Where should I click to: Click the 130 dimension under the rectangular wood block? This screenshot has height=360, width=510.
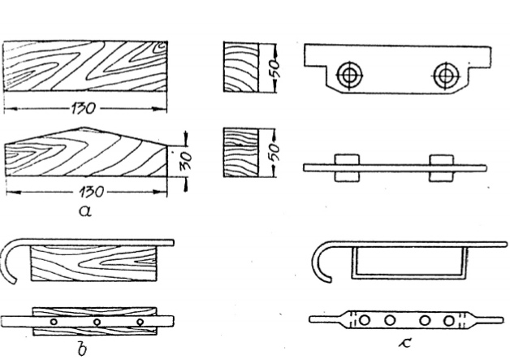[84, 108]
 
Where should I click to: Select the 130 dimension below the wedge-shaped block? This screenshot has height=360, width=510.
[92, 192]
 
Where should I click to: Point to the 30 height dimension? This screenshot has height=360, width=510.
[186, 160]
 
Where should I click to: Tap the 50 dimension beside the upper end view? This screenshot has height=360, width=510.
[274, 67]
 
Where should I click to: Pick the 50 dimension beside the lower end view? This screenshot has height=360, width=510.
[274, 152]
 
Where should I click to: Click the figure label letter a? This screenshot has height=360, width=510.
[85, 211]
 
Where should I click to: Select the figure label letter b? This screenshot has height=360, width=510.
[82, 349]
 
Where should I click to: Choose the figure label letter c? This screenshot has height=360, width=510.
[405, 343]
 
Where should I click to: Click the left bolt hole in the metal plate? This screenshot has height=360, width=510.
[349, 76]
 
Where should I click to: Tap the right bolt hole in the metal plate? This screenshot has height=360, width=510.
[445, 76]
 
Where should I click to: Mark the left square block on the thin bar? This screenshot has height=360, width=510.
[347, 168]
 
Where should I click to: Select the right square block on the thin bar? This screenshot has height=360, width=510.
[441, 168]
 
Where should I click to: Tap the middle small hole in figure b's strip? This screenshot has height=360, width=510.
[97, 323]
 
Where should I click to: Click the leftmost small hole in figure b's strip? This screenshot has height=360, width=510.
[54, 322]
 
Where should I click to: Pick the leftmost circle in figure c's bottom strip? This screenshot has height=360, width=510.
[365, 320]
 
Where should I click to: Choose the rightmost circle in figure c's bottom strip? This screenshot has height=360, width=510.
[449, 321]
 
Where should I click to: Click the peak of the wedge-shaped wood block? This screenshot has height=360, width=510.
[84, 128]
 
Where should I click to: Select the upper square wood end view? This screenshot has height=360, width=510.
[241, 67]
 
